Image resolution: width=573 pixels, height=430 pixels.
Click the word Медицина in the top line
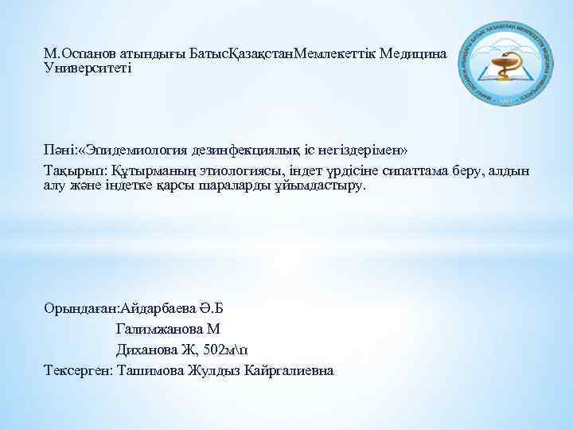[415, 53]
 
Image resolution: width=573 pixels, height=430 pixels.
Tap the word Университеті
[88, 68]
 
